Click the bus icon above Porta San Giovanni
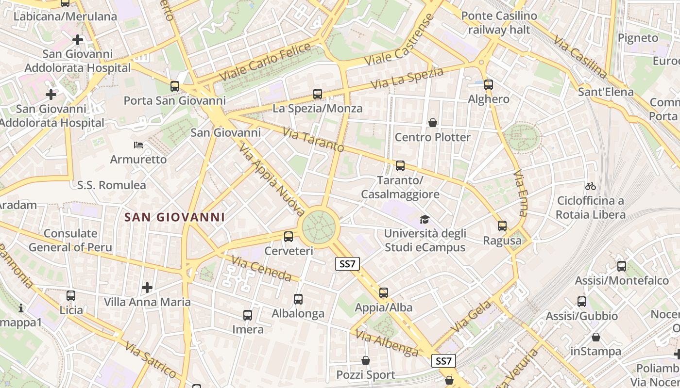click(x=175, y=86)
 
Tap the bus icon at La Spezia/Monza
click(x=318, y=94)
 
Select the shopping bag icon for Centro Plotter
click(x=432, y=123)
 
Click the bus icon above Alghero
click(x=489, y=85)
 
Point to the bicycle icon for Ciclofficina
click(x=591, y=186)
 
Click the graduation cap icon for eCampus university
click(x=425, y=219)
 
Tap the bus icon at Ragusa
click(x=502, y=226)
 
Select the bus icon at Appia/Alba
click(x=384, y=293)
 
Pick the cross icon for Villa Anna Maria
click(x=147, y=288)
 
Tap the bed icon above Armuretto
click(x=138, y=145)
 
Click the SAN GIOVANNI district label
click(x=174, y=217)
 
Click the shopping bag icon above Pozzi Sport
click(x=366, y=360)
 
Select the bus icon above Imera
click(x=248, y=315)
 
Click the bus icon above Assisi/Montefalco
click(x=622, y=266)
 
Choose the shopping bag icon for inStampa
click(x=596, y=337)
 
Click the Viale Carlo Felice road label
click(x=265, y=62)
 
